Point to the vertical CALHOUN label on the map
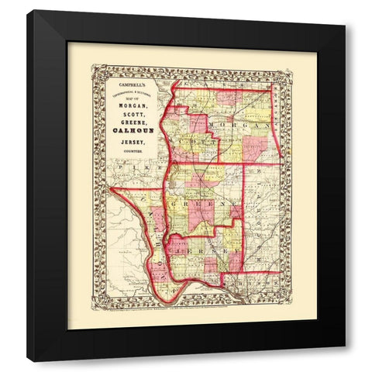tap(157, 240)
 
